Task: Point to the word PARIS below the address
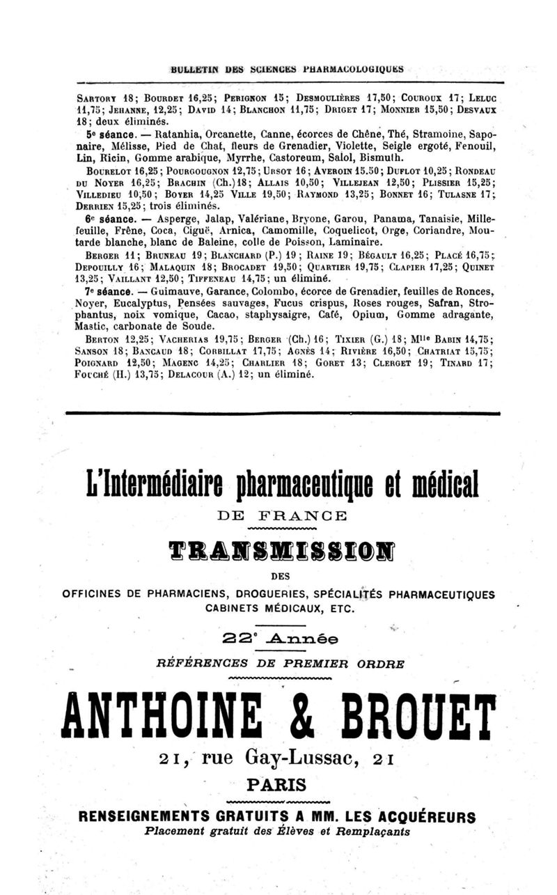278,784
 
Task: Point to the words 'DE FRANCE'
278,517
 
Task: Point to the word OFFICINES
93,594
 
